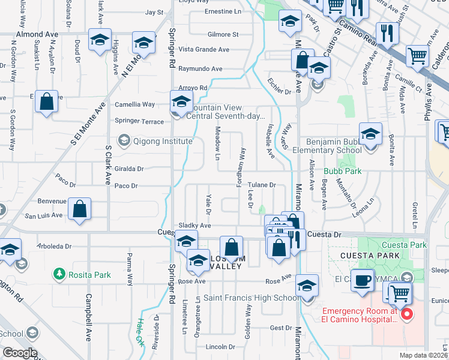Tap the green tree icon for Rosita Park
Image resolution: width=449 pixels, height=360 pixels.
click(59, 275)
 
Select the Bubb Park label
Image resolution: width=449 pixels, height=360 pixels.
click(342, 171)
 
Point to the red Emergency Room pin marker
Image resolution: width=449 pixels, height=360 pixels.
click(406, 314)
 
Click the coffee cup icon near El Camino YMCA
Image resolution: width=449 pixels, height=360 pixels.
click(363, 281)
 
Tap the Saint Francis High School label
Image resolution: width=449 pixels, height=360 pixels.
click(251, 298)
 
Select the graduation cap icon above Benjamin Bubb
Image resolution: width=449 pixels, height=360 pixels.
click(371, 134)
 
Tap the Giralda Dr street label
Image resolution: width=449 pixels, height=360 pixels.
click(128, 169)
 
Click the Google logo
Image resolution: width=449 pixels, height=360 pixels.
click(20, 353)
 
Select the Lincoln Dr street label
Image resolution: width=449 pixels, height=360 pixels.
click(220, 347)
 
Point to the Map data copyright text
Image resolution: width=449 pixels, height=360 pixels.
click(424, 355)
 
